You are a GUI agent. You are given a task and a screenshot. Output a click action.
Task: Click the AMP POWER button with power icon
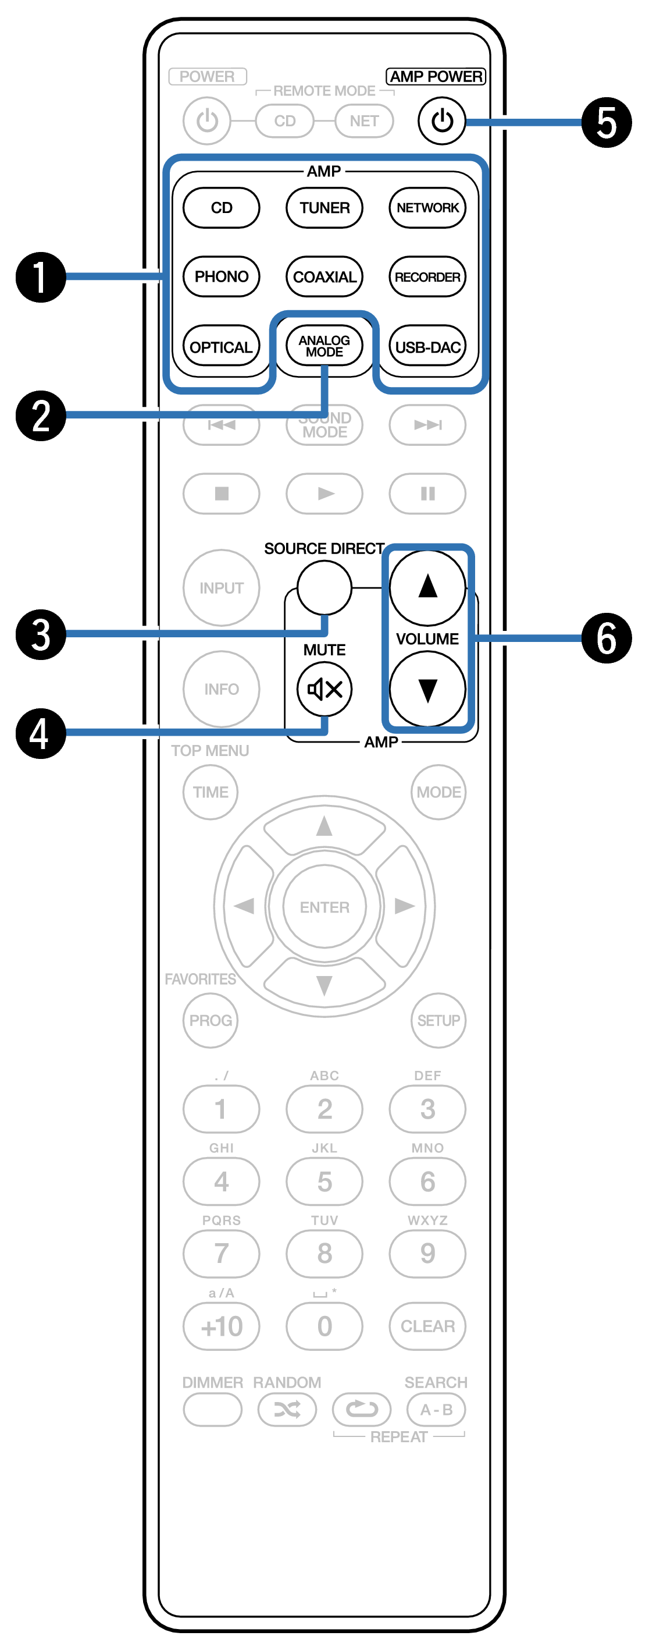441,120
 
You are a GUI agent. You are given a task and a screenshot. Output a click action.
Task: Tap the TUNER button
324,208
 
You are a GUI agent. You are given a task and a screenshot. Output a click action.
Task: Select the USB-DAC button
427,346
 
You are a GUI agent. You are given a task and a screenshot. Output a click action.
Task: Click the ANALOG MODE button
324,346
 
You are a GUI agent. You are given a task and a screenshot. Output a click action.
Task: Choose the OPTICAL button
222,346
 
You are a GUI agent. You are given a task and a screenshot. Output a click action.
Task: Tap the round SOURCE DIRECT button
324,587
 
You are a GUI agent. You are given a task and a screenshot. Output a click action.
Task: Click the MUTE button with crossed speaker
324,689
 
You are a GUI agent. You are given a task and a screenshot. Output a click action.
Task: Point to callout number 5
606,122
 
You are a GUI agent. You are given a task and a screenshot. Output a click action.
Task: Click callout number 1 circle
41,276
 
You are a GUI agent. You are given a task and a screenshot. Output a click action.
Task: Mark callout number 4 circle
41,733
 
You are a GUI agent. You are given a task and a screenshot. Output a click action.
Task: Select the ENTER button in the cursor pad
324,907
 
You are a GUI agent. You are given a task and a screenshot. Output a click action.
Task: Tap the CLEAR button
427,1326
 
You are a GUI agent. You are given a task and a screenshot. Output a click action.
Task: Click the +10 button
222,1326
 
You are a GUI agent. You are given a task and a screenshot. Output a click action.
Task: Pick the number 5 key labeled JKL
324,1181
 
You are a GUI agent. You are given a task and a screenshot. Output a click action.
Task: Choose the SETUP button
438,1020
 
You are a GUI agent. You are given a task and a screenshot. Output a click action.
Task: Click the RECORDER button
427,276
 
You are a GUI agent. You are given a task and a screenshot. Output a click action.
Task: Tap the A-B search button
436,1410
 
